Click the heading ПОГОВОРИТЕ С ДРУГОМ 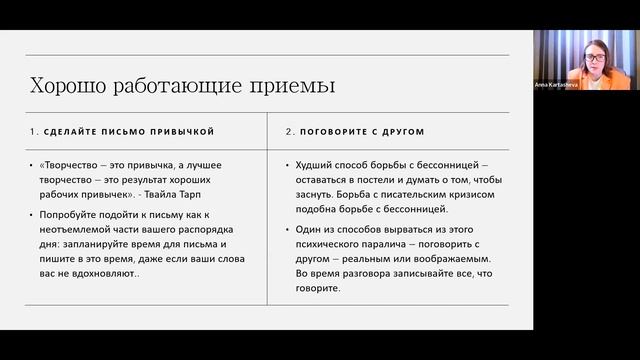pyautogui.click(x=361, y=132)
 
